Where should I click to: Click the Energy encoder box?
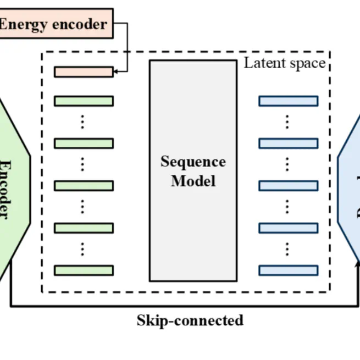tap(55, 24)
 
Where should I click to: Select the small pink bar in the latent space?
tap(84, 72)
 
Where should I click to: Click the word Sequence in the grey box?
tap(193, 162)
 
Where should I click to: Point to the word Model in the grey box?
tap(193, 181)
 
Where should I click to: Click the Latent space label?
tap(285, 63)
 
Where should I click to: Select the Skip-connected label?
tap(190, 320)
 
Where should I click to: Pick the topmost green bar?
tap(84, 101)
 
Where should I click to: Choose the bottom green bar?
tap(84, 270)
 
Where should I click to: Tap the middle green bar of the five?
tap(84, 186)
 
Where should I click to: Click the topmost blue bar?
tap(288, 101)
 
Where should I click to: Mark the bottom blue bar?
tap(288, 270)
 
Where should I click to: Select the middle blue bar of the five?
tap(288, 186)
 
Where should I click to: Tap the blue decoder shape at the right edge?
tap(351, 187)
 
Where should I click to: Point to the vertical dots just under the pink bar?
tap(82, 121)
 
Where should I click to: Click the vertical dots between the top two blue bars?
tap(287, 121)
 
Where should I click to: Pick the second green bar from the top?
tap(84, 143)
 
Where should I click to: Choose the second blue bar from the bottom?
tap(288, 228)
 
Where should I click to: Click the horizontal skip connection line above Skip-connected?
tap(181, 306)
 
